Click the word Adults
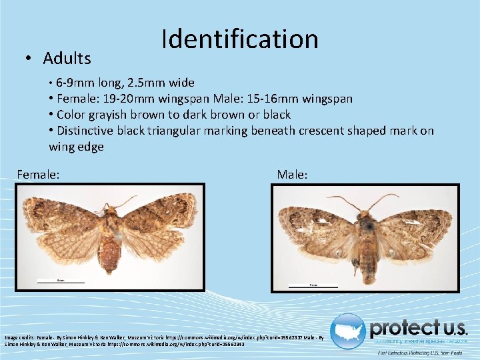pos(67,59)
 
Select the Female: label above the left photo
pos(39,175)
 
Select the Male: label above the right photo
pos(292,175)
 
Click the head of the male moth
pos(364,215)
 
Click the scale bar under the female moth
pos(61,283)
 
